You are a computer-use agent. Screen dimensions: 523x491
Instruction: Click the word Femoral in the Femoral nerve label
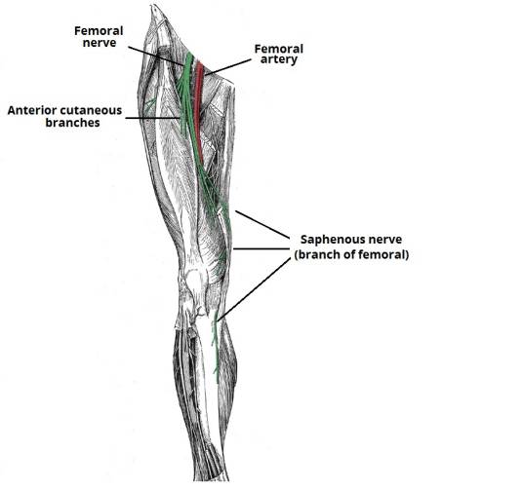[x=99, y=30]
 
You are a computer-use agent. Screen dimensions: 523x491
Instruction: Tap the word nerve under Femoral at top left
[x=100, y=43]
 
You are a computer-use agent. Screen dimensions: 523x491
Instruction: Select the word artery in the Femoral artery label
[x=278, y=60]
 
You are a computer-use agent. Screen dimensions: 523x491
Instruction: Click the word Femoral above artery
[x=279, y=49]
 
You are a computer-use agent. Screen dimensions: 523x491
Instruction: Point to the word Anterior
[x=31, y=110]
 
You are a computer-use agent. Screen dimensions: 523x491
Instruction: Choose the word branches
[x=73, y=122]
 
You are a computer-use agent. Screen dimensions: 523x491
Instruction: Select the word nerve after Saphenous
[x=382, y=241]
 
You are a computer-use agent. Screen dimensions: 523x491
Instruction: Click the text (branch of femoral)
[x=351, y=255]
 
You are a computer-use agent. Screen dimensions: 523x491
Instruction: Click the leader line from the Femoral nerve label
[x=156, y=56]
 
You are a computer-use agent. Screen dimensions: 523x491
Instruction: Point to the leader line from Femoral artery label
[x=227, y=67]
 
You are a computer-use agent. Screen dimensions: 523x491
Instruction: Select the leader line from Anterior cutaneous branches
[x=153, y=118]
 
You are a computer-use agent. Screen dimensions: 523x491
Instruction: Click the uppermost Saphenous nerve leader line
[x=262, y=224]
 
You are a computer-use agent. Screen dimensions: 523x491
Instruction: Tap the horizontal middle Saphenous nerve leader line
[x=261, y=248]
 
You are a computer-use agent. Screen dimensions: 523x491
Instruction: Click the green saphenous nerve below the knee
[x=217, y=347]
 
